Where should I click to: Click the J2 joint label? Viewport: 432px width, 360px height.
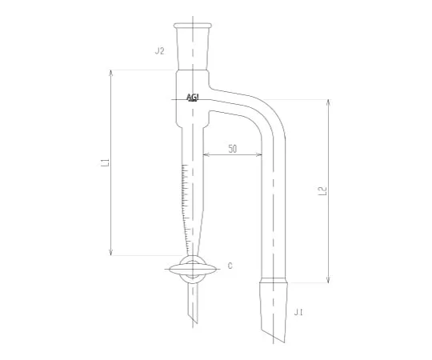159,51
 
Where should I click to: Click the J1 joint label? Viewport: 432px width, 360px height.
298,312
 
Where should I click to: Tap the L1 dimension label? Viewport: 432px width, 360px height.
106,162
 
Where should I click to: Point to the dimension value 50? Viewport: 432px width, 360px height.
233,149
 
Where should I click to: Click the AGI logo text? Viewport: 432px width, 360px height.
193,98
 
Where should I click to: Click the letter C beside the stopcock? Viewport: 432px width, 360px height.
230,266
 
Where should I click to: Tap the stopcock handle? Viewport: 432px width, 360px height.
193,269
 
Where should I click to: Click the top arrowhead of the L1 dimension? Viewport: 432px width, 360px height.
110,73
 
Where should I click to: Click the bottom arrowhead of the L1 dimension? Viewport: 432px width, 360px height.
110,253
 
